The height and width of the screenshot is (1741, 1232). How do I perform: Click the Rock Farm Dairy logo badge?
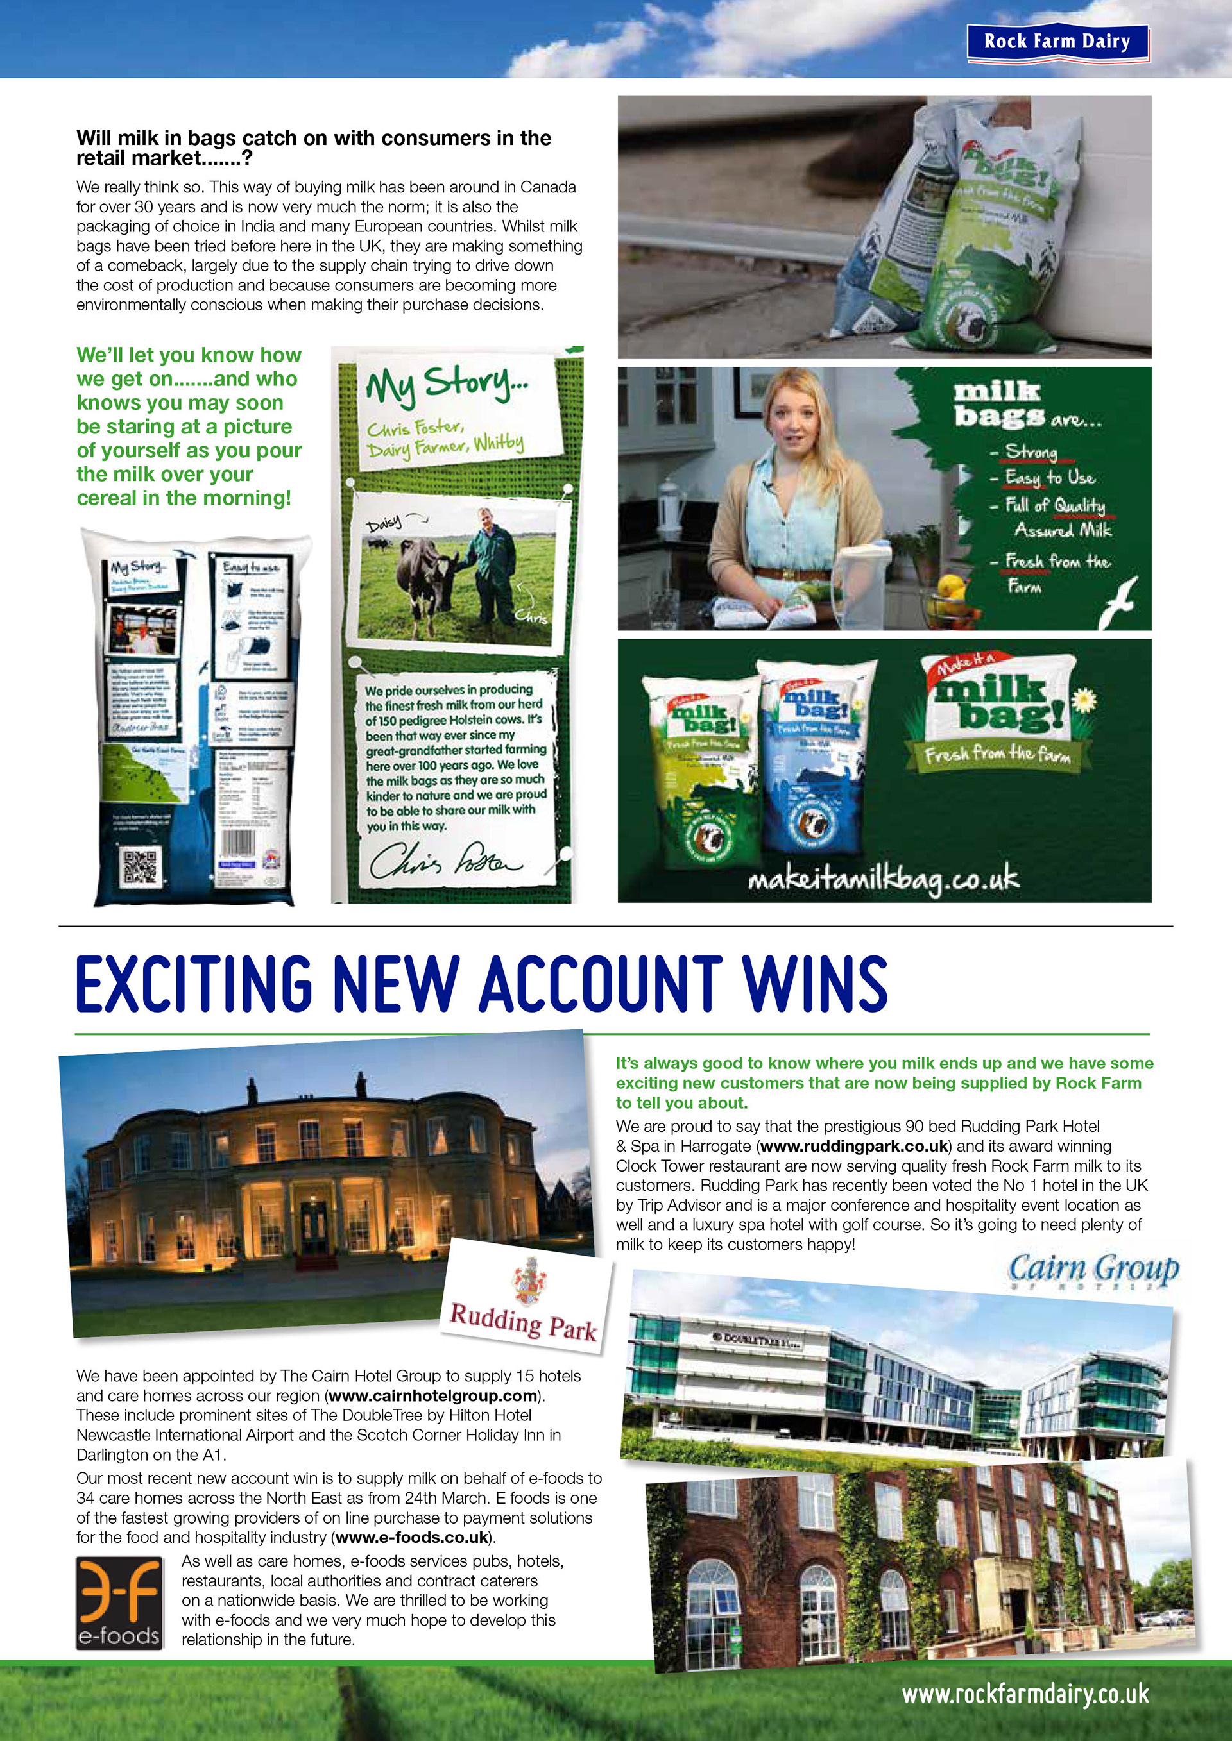(x=1057, y=42)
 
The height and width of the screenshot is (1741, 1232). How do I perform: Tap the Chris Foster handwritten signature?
(x=445, y=862)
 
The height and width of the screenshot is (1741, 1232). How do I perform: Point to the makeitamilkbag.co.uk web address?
(x=884, y=880)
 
